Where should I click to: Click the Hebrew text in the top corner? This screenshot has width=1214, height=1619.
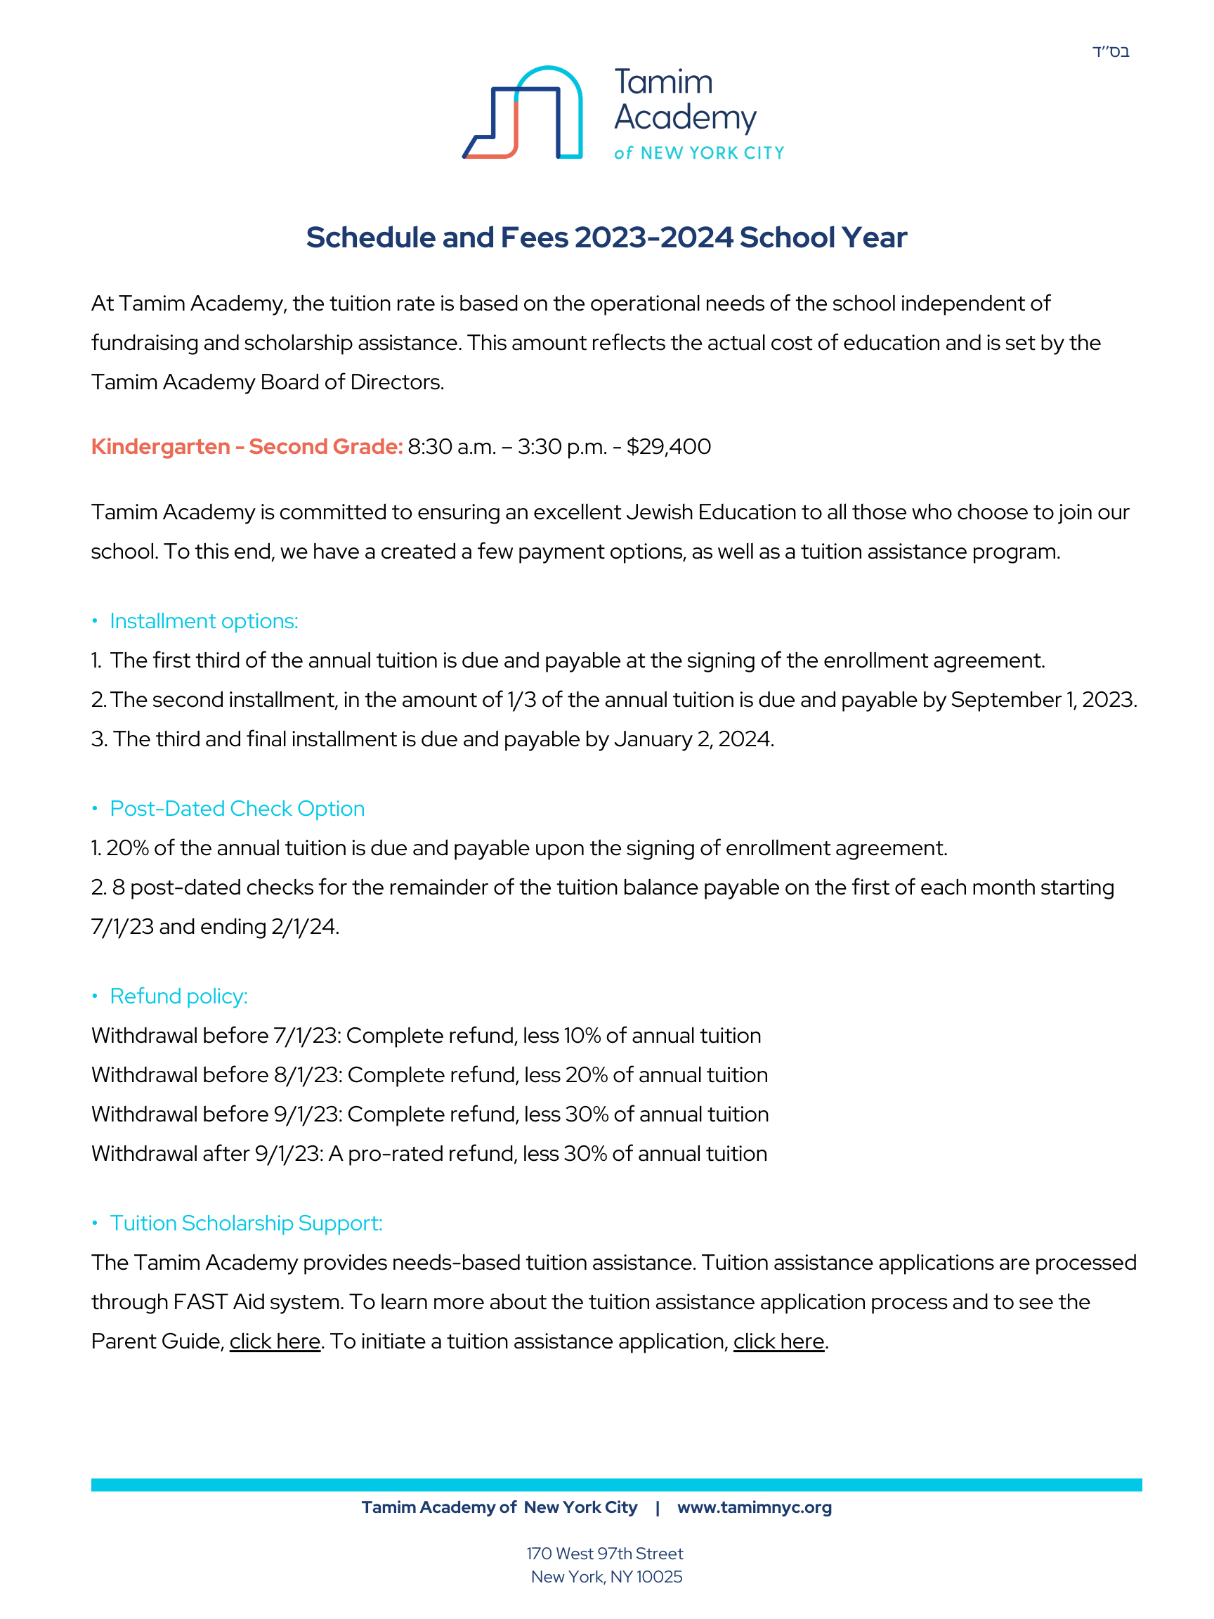(x=1110, y=52)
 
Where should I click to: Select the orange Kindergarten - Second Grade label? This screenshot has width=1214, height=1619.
(x=247, y=446)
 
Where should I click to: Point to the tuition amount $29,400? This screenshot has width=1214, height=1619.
(x=668, y=446)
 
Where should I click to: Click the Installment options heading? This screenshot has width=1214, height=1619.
(x=204, y=620)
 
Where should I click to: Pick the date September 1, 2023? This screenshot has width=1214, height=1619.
(x=1043, y=700)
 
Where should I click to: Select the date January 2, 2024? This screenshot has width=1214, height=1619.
(x=693, y=739)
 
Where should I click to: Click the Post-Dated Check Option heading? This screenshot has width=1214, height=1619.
(x=237, y=809)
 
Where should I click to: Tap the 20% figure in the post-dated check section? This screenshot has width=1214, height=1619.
(x=127, y=848)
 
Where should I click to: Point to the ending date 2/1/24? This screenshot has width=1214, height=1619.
(x=304, y=927)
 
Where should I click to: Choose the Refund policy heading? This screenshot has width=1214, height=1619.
(x=178, y=996)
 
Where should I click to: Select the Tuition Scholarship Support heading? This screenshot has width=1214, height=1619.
(x=246, y=1223)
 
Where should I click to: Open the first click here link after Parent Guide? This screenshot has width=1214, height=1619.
(x=275, y=1341)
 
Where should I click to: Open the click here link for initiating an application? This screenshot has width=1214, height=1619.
(x=778, y=1341)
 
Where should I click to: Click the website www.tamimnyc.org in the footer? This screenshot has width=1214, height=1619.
(x=755, y=1507)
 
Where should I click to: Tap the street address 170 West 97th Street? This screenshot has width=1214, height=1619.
(x=604, y=1553)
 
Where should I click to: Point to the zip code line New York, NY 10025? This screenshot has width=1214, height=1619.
(x=606, y=1577)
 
